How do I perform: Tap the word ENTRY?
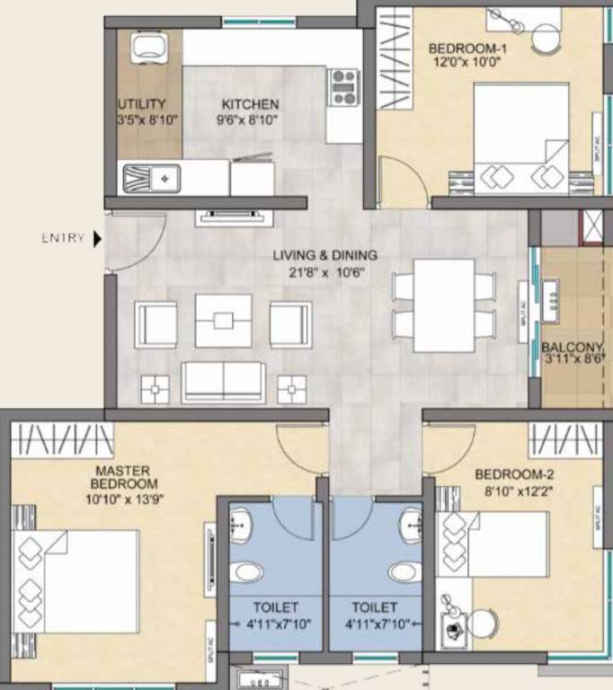63,239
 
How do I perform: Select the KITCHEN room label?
251,104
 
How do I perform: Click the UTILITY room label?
141,104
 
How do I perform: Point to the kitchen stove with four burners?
343,87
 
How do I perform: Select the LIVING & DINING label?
325,255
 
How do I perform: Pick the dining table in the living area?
444,305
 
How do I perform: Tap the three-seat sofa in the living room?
223,382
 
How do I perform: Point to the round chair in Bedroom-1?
545,38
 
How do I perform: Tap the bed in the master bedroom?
76,580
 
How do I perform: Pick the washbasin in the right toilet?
411,521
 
